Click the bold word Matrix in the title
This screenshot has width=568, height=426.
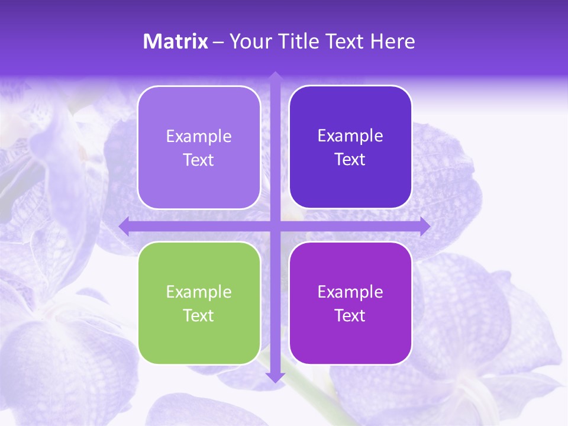(176, 41)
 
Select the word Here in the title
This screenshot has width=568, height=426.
(392, 41)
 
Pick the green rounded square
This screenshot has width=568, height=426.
(199, 303)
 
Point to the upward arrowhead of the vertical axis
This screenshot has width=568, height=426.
(275, 76)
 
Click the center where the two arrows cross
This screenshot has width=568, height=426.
(275, 227)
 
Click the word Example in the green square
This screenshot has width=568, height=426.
(199, 292)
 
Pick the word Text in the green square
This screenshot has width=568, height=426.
(199, 315)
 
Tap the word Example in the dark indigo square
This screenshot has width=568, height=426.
(350, 136)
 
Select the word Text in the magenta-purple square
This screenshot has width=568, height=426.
(350, 315)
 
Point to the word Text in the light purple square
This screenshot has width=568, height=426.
(199, 160)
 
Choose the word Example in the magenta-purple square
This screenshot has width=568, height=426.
(350, 292)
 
